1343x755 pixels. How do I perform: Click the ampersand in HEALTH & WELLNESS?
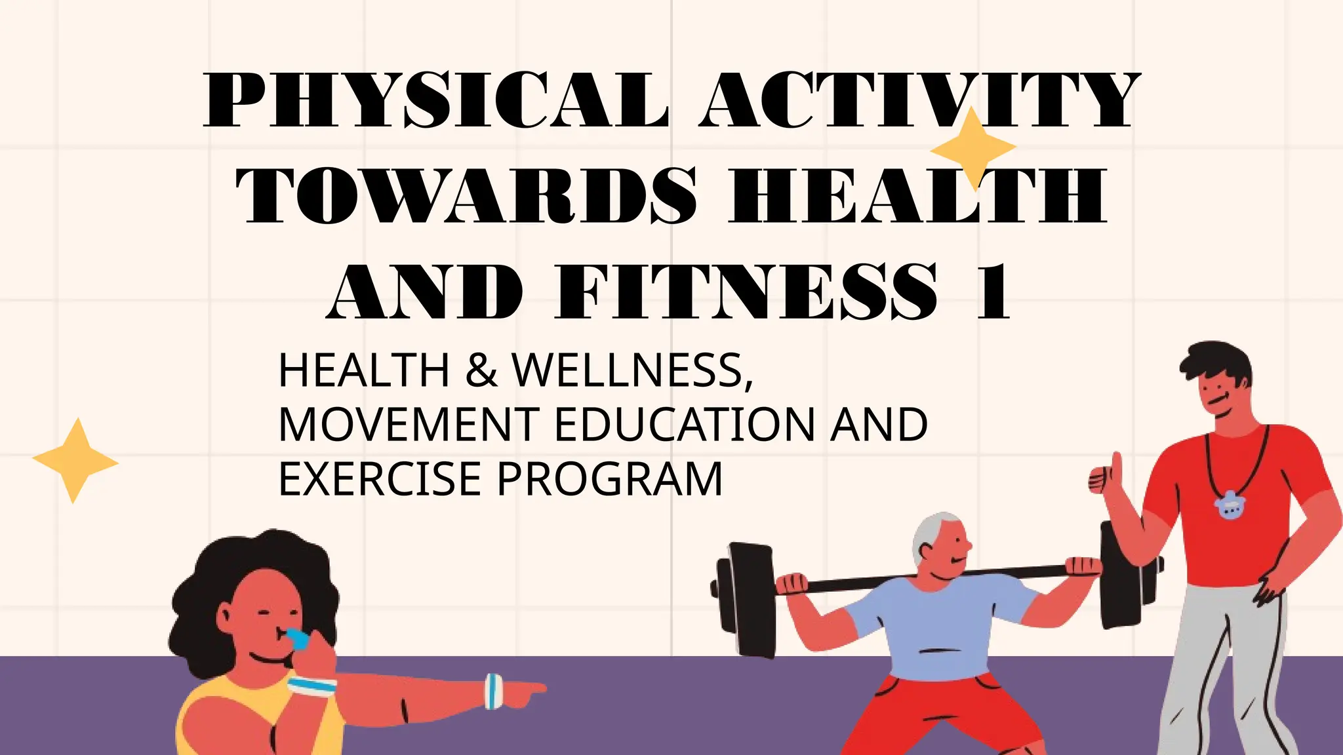tap(482, 371)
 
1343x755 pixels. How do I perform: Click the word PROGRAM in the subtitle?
tap(610, 479)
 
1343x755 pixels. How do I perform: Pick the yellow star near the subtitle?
tap(75, 461)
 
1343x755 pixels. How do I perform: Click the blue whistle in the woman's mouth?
tap(299, 638)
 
